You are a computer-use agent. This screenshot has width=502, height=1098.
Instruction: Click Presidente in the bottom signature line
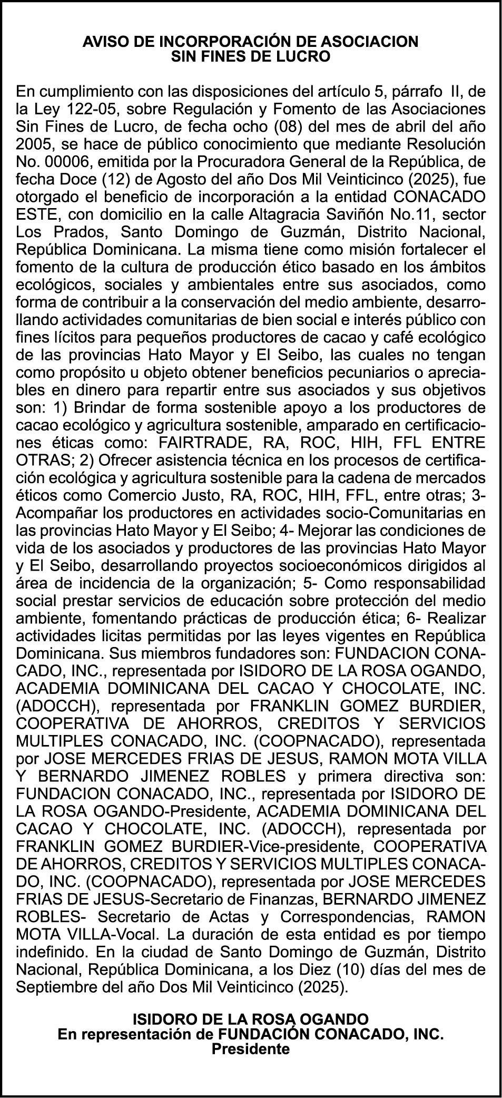[x=251, y=1049]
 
